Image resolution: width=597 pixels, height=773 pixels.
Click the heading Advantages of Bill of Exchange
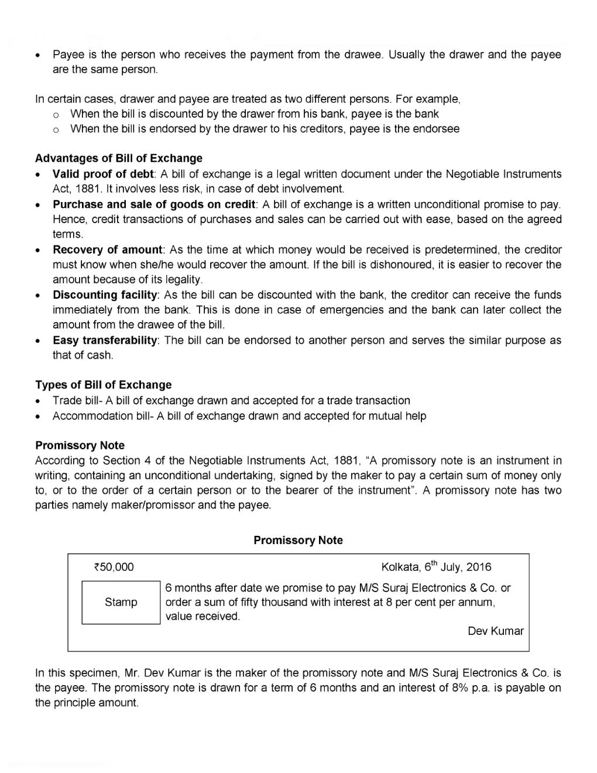point(118,158)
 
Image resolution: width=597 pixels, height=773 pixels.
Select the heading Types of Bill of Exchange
point(103,385)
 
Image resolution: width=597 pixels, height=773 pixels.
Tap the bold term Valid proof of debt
point(102,174)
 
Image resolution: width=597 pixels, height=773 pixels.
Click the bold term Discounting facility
point(105,295)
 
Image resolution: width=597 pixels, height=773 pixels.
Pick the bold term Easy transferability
point(105,340)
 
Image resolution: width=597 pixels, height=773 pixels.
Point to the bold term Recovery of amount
point(107,249)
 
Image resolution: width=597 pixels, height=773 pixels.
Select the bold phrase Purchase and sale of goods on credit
point(154,204)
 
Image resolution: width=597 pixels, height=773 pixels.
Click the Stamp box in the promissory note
point(121,602)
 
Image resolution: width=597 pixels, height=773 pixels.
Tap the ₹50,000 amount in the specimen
point(114,567)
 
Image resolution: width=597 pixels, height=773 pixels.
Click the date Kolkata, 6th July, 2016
point(436,567)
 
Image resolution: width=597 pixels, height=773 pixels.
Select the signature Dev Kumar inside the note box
point(495,631)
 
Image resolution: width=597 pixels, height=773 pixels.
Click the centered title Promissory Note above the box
point(298,540)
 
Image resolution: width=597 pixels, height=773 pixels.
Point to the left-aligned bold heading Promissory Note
point(80,445)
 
